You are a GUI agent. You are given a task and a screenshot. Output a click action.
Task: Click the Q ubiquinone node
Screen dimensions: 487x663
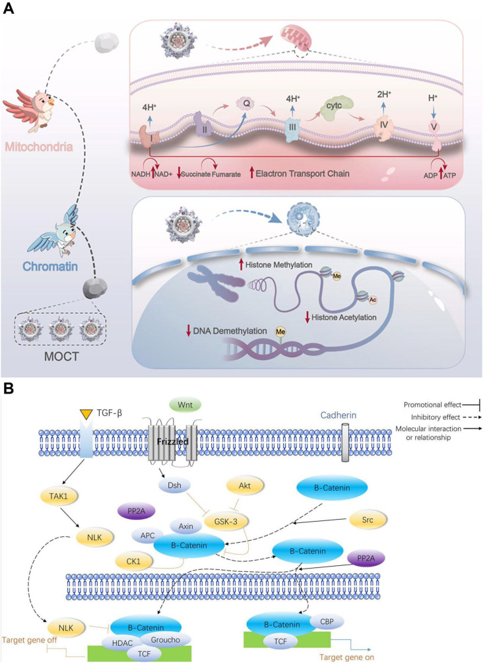246,103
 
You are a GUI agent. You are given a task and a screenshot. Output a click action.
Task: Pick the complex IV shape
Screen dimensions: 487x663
383,127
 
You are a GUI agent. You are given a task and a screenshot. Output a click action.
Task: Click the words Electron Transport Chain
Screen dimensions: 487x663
302,174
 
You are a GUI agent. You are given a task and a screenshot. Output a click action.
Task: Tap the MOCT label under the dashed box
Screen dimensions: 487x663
61,357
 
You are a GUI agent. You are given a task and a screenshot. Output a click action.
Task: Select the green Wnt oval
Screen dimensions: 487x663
185,405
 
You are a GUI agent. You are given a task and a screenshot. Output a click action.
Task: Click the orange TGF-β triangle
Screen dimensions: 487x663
86,415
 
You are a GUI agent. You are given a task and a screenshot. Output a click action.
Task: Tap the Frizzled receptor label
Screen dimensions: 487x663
173,441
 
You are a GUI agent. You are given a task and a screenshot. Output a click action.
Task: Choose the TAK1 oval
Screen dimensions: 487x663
58,496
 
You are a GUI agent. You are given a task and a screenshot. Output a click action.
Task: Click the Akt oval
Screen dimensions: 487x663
245,486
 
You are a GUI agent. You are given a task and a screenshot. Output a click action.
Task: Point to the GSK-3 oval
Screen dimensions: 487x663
226,521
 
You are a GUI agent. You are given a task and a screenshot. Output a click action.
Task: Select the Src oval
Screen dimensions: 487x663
368,520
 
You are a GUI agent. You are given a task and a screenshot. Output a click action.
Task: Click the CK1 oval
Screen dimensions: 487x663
133,561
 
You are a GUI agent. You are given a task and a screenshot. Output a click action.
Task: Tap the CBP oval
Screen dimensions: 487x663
327,621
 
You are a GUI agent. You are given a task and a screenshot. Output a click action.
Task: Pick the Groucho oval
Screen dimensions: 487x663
165,640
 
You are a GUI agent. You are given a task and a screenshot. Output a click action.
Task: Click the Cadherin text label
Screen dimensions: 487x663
338,415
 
